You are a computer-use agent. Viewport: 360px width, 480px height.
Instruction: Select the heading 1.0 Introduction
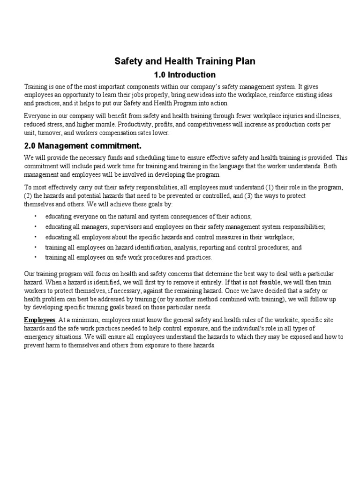[x=185, y=75]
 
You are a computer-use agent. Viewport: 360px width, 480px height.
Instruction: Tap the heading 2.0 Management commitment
[x=82, y=146]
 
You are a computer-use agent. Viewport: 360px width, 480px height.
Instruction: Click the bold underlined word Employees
[x=39, y=320]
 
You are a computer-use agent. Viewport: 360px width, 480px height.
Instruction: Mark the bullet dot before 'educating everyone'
[x=36, y=216]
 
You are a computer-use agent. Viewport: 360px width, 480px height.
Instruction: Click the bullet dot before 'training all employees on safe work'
[x=36, y=257]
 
